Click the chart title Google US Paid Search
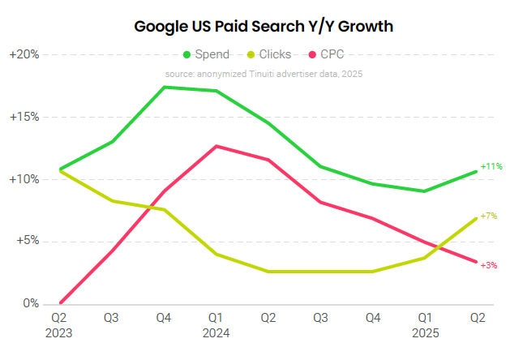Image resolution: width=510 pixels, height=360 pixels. (264, 26)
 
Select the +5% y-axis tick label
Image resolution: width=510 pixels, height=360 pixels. (27, 242)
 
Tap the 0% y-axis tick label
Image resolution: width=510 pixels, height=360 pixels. (30, 304)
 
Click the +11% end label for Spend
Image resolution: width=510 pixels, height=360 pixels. (491, 166)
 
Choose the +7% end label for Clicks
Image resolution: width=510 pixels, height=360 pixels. (489, 216)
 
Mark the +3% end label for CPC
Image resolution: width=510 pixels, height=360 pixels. (489, 265)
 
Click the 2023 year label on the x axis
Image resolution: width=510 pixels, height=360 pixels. (59, 333)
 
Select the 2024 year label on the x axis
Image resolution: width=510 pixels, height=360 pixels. (216, 333)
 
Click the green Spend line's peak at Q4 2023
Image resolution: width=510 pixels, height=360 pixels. (165, 87)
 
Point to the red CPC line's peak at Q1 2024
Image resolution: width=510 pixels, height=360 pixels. (216, 146)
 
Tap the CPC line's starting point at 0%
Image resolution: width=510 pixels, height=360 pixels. (60, 303)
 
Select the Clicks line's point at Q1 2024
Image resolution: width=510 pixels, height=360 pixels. (216, 255)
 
